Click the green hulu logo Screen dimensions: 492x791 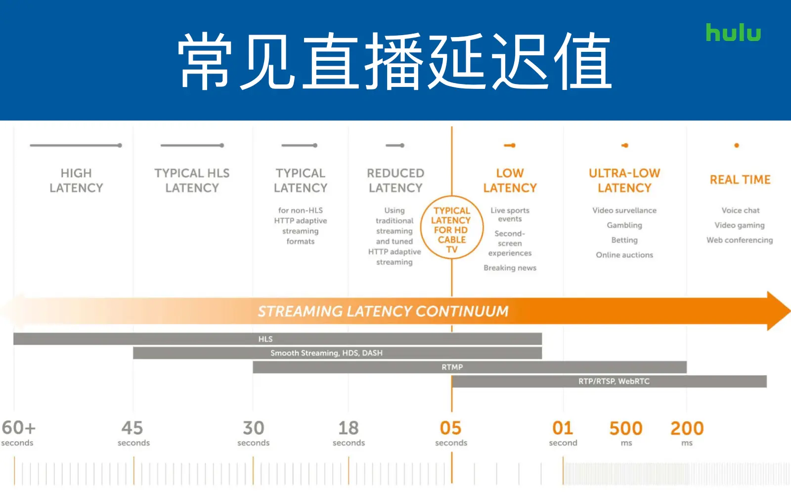click(x=733, y=33)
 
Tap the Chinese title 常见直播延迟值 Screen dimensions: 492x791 click(x=395, y=61)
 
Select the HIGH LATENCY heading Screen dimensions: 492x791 click(x=76, y=180)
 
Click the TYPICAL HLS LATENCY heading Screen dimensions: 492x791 click(x=192, y=180)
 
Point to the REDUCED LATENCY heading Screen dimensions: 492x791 click(x=395, y=180)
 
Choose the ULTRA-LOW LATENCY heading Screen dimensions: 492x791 click(x=624, y=180)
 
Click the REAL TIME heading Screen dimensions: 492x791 click(x=740, y=180)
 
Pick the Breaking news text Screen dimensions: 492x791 click(x=510, y=268)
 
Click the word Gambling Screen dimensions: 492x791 click(x=624, y=225)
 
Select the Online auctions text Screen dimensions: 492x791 click(x=624, y=255)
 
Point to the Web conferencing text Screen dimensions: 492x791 click(x=740, y=240)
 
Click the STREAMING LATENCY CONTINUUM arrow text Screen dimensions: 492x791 click(x=383, y=311)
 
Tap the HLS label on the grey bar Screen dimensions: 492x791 click(x=265, y=339)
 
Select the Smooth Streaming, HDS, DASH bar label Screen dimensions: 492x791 click(x=326, y=353)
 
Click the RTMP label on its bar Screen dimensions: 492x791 click(x=452, y=367)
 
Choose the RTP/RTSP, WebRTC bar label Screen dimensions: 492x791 click(x=614, y=381)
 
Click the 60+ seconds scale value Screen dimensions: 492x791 click(x=18, y=433)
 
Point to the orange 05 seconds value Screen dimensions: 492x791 click(x=451, y=433)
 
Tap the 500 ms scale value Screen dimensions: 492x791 click(x=626, y=433)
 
